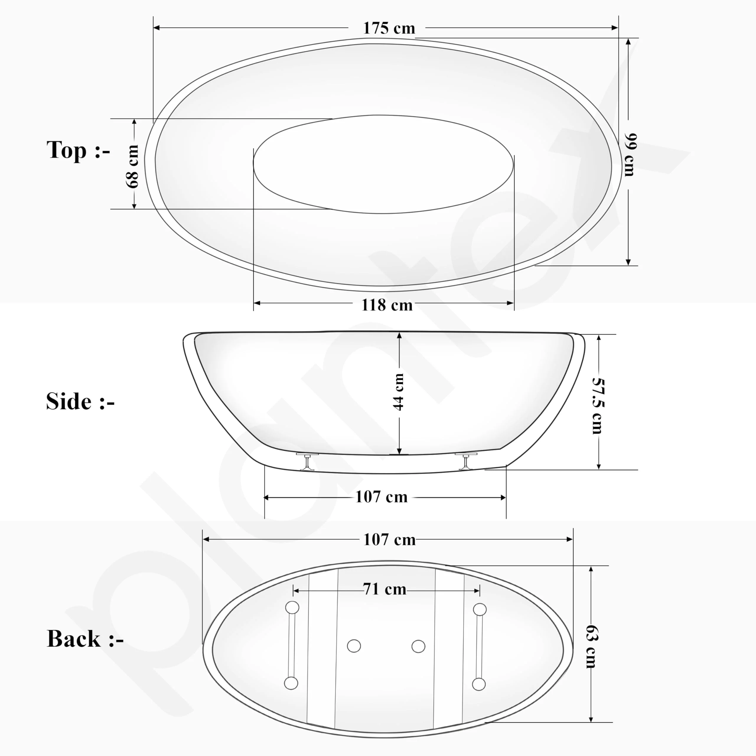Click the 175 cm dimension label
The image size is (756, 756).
click(389, 28)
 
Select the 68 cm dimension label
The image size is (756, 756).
click(133, 166)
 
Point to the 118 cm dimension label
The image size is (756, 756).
click(387, 305)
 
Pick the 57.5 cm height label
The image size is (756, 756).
click(597, 406)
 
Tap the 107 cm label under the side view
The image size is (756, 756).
click(381, 497)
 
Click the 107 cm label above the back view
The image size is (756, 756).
click(389, 540)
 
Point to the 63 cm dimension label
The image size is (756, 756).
click(591, 646)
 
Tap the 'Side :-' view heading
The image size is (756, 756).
click(80, 402)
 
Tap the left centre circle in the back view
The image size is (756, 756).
click(354, 646)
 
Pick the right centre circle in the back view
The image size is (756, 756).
click(418, 646)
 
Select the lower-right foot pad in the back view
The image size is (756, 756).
click(479, 685)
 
